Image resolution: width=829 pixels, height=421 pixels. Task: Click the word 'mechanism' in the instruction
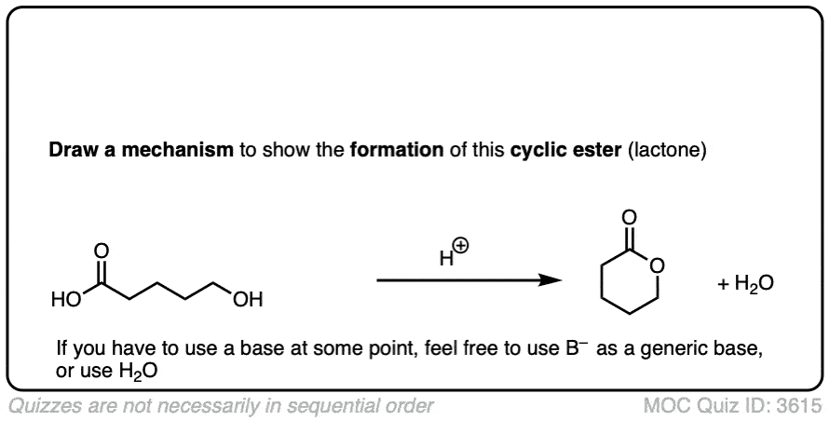[x=178, y=151]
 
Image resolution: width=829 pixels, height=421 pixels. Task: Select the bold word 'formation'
[x=397, y=150]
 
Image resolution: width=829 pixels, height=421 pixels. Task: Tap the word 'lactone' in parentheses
[x=667, y=151]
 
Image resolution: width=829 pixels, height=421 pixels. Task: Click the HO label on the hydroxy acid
[x=66, y=300]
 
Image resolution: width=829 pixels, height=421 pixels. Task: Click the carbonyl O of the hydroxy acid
[x=102, y=251]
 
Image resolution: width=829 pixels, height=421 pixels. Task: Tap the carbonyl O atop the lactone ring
[x=629, y=217]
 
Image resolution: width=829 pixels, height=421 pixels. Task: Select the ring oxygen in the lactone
[x=658, y=265]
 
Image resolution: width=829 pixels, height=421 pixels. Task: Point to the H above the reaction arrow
[x=447, y=258]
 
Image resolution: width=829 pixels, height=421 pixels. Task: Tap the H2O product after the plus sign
[x=754, y=284]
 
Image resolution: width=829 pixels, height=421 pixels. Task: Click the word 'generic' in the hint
[x=662, y=350]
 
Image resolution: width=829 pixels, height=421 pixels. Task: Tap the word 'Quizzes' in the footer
[x=42, y=406]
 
